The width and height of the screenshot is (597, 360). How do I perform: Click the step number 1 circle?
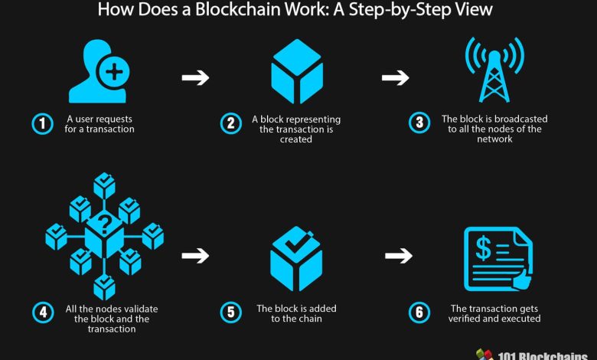pyautogui.click(x=41, y=124)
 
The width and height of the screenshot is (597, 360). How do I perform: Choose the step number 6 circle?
pyautogui.click(x=419, y=313)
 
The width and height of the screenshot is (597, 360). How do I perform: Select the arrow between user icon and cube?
pyautogui.click(x=195, y=77)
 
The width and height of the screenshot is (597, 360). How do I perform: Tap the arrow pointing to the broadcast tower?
pyautogui.click(x=395, y=77)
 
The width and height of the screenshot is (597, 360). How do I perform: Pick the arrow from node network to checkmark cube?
pyautogui.click(x=195, y=255)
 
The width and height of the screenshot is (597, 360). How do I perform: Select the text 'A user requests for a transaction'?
pyautogui.click(x=99, y=124)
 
